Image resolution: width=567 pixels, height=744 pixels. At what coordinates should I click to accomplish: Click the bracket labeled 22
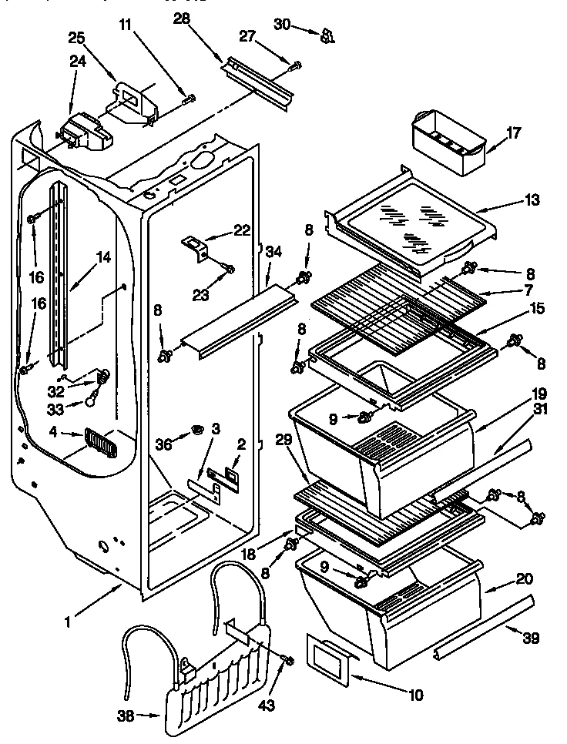tap(198, 246)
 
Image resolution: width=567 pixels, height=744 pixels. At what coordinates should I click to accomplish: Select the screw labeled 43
tap(288, 659)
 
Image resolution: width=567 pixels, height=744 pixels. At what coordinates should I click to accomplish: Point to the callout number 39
tap(531, 637)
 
